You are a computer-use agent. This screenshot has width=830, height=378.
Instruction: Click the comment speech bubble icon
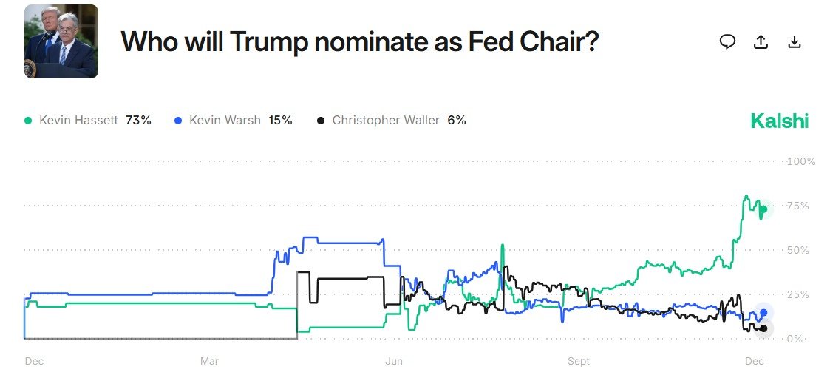click(x=727, y=42)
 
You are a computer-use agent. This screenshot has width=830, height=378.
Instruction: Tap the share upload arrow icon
click(x=761, y=42)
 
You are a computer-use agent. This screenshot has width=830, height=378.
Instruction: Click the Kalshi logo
click(x=779, y=121)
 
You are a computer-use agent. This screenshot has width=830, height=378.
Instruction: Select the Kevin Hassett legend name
click(x=78, y=120)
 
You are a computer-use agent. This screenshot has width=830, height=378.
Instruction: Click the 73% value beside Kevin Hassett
click(x=138, y=120)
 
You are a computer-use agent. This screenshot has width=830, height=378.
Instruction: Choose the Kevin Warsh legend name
click(x=225, y=120)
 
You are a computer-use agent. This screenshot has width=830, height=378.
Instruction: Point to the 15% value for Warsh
click(x=281, y=120)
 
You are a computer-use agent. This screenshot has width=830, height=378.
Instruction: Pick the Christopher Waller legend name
click(x=387, y=120)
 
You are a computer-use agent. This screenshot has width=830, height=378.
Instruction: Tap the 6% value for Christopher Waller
click(x=457, y=120)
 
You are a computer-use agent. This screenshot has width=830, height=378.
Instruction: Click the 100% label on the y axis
click(x=801, y=161)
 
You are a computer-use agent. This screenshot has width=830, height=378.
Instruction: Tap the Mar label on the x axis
click(x=209, y=362)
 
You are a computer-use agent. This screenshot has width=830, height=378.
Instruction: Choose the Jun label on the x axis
click(x=393, y=362)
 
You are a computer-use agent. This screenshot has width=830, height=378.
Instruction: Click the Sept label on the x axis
click(x=579, y=362)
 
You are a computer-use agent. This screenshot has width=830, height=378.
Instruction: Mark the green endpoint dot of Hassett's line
click(x=764, y=209)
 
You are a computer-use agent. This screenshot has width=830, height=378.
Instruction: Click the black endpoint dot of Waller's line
click(x=764, y=328)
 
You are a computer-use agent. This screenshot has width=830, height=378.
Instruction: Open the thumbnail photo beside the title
click(x=61, y=41)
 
